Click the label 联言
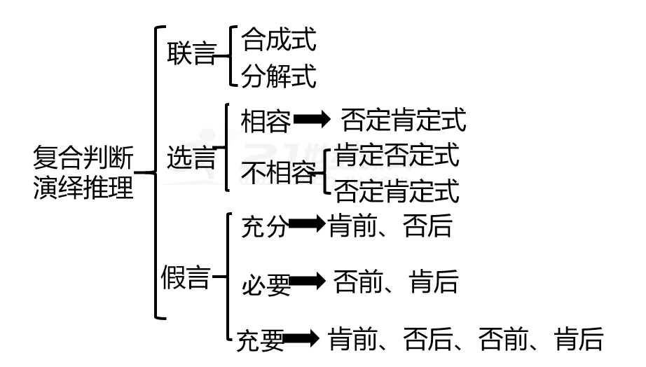coord(191,55)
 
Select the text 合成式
coord(279,40)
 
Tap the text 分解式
coord(279,76)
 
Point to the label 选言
coord(191,158)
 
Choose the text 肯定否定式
coord(397,155)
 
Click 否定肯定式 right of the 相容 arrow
coord(403,120)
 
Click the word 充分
coord(264,228)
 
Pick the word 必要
coord(266,284)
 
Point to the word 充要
coord(260,340)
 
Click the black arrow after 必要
coord(308,282)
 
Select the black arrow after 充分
coord(308,224)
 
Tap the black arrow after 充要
coord(303,340)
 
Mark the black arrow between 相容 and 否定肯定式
coord(312,120)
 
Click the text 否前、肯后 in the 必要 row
coord(395,282)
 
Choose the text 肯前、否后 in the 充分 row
coord(390,226)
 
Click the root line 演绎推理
coord(83,188)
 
